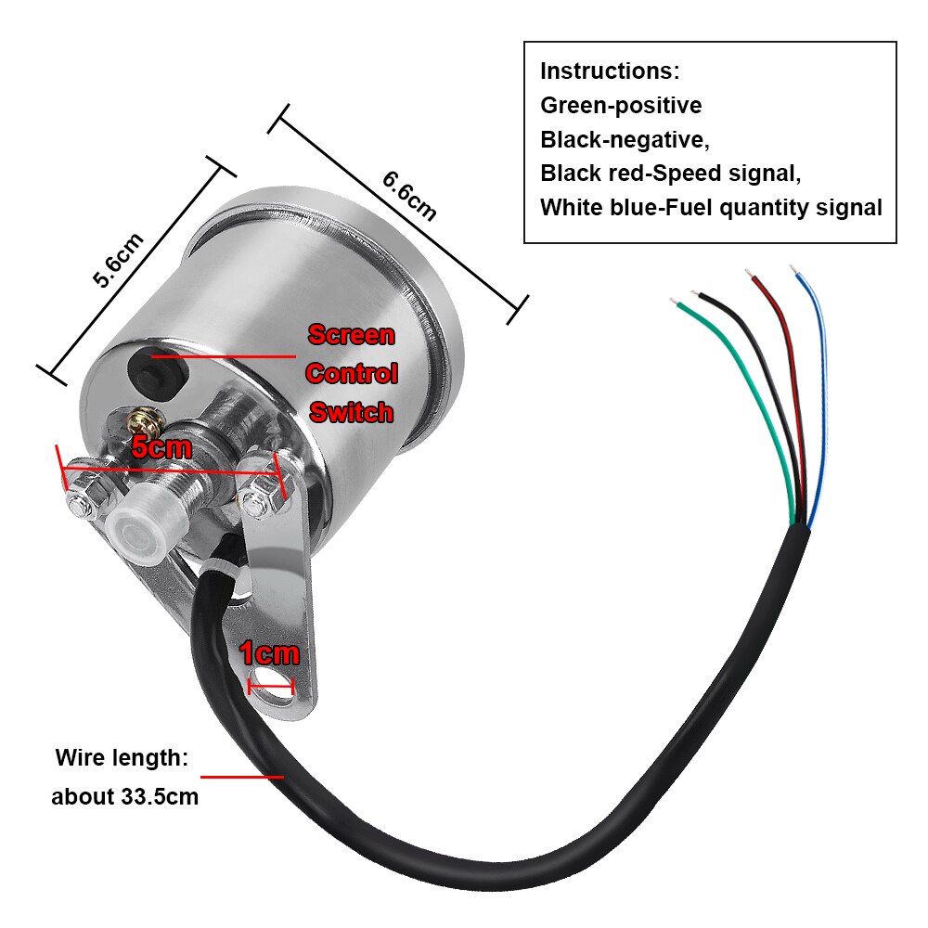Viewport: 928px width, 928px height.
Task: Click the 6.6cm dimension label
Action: pos(408,195)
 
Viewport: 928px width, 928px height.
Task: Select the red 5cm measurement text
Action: pos(161,446)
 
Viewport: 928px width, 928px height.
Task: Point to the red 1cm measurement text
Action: pos(269,653)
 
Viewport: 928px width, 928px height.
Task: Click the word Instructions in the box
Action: pos(610,71)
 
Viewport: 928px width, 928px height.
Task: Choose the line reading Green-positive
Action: pos(621,106)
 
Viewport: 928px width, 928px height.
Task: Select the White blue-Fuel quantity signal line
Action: pos(711,208)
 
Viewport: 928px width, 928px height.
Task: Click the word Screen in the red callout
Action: pos(351,335)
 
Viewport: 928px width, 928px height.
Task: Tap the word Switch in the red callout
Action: pos(351,412)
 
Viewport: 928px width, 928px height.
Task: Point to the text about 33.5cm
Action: pos(124,796)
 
